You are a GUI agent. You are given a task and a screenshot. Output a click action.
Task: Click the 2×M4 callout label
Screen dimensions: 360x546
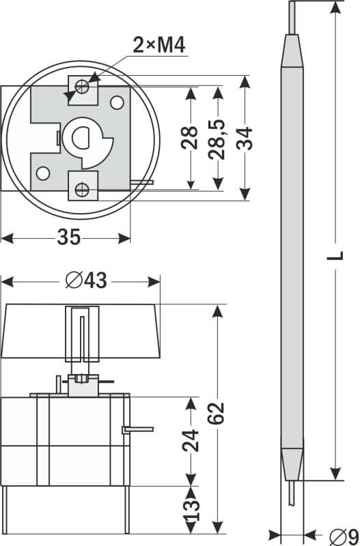click(x=159, y=45)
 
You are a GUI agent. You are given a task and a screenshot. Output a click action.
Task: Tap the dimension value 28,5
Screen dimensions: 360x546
click(x=217, y=140)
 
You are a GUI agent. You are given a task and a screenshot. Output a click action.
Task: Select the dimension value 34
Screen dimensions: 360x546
click(x=245, y=139)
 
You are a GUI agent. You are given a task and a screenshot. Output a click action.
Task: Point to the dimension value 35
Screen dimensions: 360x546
click(x=69, y=237)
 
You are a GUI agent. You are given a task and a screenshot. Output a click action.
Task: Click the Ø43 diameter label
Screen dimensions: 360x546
click(x=86, y=281)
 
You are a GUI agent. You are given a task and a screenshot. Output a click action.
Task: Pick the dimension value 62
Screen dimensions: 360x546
click(x=216, y=414)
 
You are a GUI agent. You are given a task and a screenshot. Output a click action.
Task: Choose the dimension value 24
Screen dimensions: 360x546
click(x=191, y=441)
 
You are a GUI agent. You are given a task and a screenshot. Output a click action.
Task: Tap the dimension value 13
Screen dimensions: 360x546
click(x=193, y=511)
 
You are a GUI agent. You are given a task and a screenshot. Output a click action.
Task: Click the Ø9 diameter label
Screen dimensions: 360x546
click(x=344, y=536)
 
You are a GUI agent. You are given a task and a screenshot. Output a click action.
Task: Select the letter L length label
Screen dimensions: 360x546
click(x=335, y=255)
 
